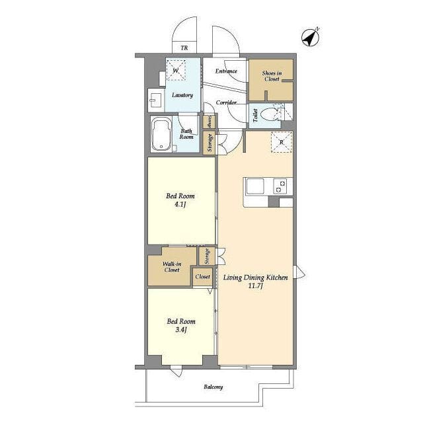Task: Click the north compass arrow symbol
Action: point(311,38)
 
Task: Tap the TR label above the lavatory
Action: point(184,48)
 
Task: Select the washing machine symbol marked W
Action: point(176,71)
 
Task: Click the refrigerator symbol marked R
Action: point(282,142)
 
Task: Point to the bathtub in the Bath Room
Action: point(161,134)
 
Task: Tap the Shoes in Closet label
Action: point(272,76)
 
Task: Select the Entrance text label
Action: point(226,71)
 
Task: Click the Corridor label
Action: point(226,102)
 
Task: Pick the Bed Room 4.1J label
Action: point(180,200)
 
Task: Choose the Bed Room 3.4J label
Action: point(181,325)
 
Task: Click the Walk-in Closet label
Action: point(172,267)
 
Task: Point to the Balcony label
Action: point(213,387)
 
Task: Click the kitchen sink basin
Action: point(255,186)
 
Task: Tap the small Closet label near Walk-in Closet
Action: point(203,276)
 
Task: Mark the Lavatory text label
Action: point(182,95)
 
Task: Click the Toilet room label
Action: point(255,115)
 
